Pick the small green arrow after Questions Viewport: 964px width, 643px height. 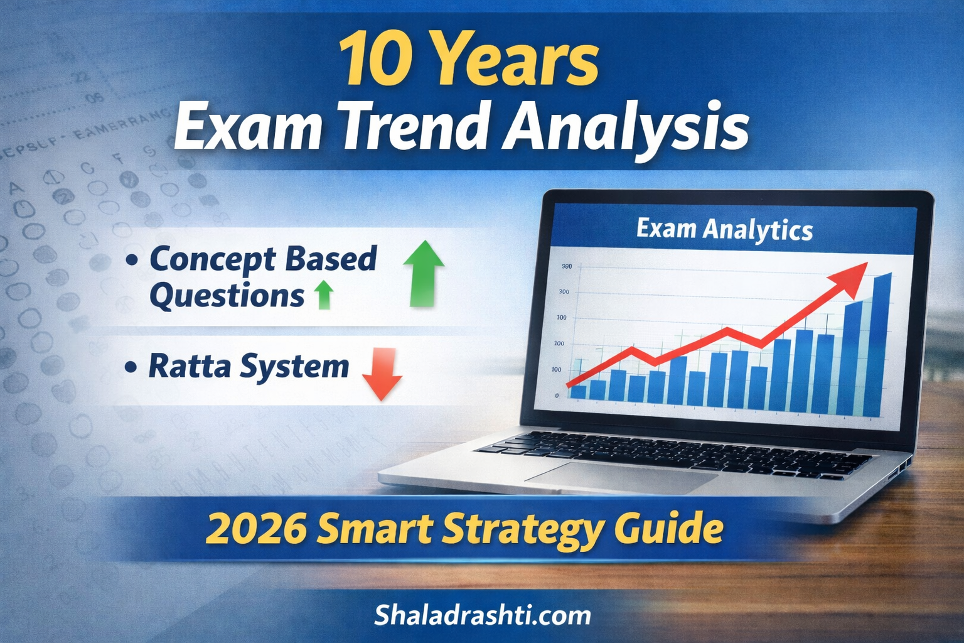pos(323,294)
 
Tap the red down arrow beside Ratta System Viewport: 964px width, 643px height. pos(382,374)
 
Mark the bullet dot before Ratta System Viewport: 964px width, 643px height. pos(131,367)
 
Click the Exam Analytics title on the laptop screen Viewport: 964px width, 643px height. pos(724,229)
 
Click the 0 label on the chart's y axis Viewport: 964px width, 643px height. pos(557,396)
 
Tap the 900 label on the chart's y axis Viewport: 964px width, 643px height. pos(566,267)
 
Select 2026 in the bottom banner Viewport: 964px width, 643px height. pos(256,529)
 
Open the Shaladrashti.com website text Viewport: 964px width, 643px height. pos(482,615)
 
